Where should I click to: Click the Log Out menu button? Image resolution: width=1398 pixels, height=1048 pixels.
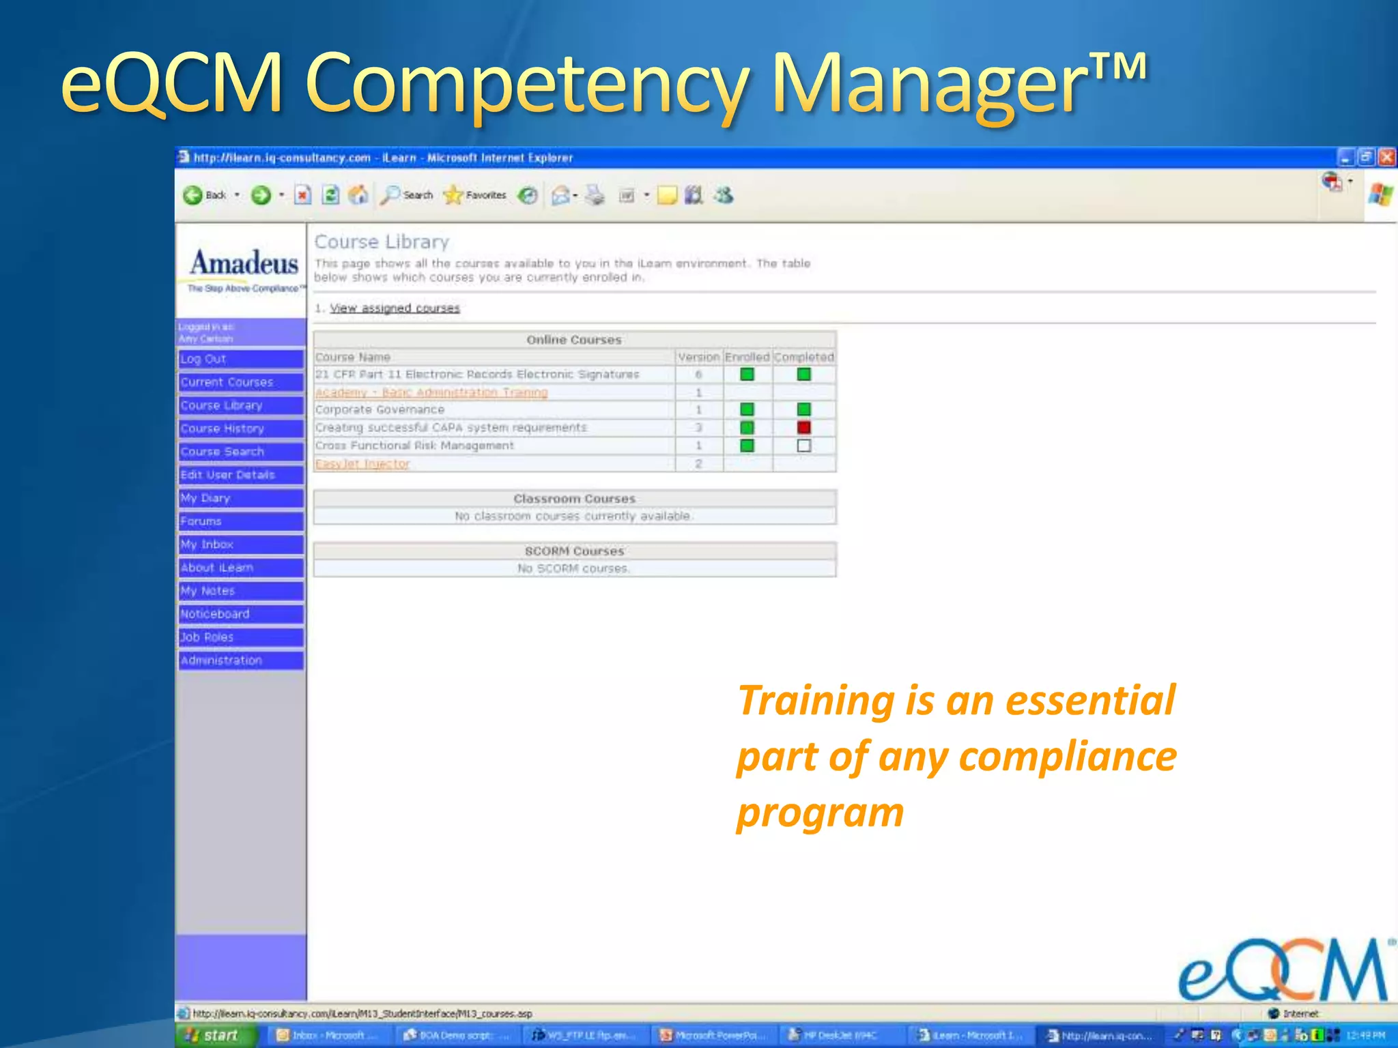[240, 359]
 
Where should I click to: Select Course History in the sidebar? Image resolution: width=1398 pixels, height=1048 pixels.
[240, 428]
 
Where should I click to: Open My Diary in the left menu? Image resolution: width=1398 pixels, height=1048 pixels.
[240, 498]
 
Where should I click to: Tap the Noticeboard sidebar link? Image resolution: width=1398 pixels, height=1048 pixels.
[240, 614]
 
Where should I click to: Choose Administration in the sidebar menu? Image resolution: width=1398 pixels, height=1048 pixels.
[240, 660]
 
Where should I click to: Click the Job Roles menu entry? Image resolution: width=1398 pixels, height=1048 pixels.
[240, 637]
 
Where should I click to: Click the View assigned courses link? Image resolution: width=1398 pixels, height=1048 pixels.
[395, 308]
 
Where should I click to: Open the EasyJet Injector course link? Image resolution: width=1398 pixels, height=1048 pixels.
[362, 464]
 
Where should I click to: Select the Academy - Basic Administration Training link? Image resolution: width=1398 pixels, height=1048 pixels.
[431, 392]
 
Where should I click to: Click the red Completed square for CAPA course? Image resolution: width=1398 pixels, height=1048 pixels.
[804, 427]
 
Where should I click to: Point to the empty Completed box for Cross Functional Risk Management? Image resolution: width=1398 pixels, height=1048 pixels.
[804, 446]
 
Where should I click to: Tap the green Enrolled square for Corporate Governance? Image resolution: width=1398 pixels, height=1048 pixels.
[747, 409]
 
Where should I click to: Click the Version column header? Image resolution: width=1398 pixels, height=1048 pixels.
[698, 357]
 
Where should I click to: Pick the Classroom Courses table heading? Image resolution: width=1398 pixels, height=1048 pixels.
[574, 499]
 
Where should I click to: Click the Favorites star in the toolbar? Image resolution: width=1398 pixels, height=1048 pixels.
[453, 196]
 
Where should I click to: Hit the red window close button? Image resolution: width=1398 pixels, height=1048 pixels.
[1386, 158]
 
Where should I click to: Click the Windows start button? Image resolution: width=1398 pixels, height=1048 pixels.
[213, 1035]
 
